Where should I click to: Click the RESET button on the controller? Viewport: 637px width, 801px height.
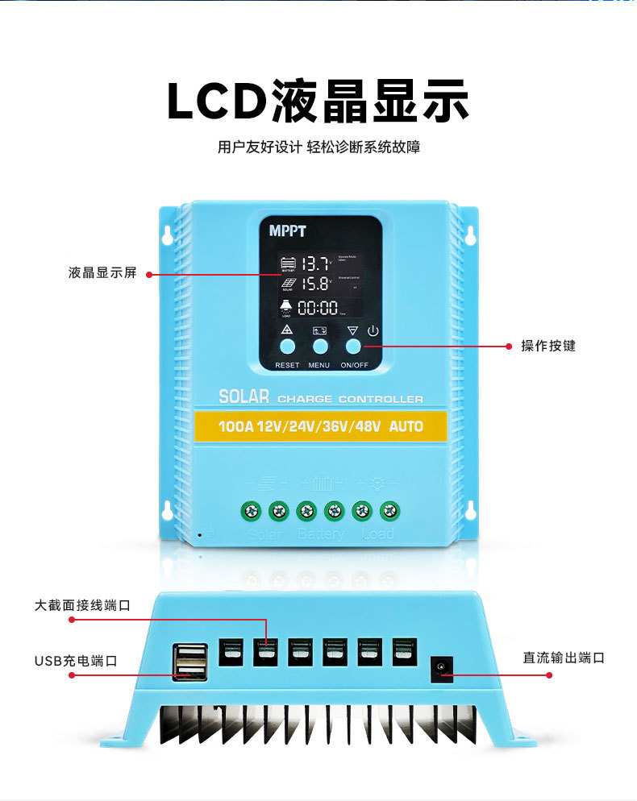point(287,347)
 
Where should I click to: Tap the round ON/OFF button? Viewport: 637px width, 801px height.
point(353,347)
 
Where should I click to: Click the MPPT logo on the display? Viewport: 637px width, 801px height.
point(288,231)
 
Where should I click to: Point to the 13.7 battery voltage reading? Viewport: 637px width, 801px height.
point(315,263)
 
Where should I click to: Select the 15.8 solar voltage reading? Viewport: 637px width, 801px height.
point(315,284)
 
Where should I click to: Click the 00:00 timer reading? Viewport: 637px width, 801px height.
point(318,307)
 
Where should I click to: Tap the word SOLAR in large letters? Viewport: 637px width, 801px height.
point(244,397)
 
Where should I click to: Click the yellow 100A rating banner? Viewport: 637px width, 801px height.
point(320,425)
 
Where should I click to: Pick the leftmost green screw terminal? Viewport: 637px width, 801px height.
point(251,510)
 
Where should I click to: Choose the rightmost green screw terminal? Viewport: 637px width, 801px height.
point(390,510)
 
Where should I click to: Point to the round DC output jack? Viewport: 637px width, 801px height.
point(441,666)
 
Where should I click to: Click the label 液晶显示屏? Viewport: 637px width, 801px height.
point(102,273)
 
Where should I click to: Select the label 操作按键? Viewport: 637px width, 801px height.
point(548,346)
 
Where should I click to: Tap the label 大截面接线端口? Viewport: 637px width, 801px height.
point(82,604)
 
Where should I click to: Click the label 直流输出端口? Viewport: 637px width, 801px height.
point(564,658)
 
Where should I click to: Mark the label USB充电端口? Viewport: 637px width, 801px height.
point(76,661)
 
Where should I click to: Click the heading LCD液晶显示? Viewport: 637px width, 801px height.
point(318,102)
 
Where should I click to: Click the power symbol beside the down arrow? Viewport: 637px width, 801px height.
point(373,330)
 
